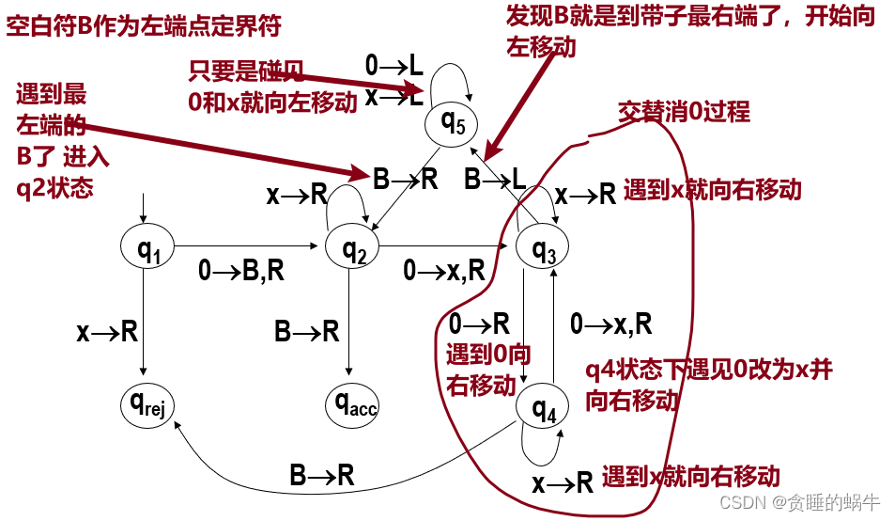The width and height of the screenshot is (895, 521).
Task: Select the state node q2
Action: tap(351, 249)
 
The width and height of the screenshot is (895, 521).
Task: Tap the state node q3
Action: tap(543, 250)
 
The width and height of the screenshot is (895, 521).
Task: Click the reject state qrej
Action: tap(148, 405)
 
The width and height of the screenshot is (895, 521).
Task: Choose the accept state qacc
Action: tap(351, 405)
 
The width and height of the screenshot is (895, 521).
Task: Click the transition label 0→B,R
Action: tap(241, 272)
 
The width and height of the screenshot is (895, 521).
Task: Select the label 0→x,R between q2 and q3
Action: tap(444, 272)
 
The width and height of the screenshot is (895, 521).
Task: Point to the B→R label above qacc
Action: tap(307, 331)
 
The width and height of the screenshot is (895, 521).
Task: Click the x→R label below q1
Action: tap(107, 331)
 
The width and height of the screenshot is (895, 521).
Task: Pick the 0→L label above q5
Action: tap(393, 65)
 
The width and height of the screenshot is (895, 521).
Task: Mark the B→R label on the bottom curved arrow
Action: tap(322, 476)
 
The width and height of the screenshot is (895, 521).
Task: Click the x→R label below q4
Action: tap(562, 483)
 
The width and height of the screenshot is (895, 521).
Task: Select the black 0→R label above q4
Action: tap(479, 324)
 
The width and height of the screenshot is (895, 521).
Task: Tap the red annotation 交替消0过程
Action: tap(683, 113)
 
